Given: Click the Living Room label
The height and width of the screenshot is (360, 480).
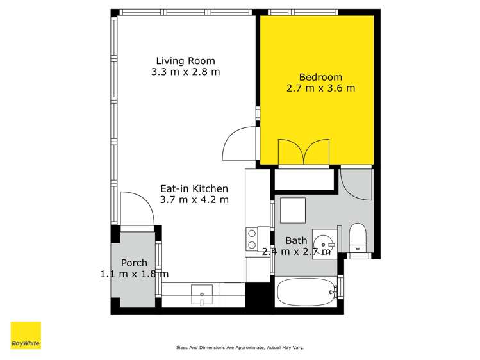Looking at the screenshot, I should [x=185, y=61].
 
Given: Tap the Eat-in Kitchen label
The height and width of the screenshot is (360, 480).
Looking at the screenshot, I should [x=194, y=188].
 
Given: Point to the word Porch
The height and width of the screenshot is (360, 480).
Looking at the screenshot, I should [x=134, y=263].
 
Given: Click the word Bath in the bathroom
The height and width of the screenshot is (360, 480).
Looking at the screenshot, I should [x=296, y=241].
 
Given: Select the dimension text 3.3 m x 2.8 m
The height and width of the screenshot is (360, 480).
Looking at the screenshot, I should [x=185, y=72].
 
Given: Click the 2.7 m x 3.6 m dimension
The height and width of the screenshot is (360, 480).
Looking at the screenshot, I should [x=320, y=88].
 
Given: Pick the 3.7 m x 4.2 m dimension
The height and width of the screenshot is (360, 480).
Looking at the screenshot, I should [x=194, y=200].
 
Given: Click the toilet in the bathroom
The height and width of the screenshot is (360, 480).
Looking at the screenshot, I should [x=357, y=238].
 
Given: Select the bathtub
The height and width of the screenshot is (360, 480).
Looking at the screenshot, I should [x=306, y=293].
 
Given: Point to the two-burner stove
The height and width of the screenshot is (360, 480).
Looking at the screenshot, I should [x=252, y=240].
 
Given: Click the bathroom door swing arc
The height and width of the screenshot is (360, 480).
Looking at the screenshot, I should [x=354, y=183].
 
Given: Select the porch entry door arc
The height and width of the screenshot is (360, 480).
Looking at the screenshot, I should [x=135, y=209].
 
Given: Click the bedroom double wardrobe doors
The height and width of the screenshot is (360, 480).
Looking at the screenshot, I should [x=303, y=153].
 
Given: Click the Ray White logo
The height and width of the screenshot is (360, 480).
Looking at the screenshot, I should [x=26, y=335].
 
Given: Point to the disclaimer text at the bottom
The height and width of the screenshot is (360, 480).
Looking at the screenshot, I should [x=240, y=348].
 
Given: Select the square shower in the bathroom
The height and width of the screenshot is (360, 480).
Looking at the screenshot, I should [x=294, y=210].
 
